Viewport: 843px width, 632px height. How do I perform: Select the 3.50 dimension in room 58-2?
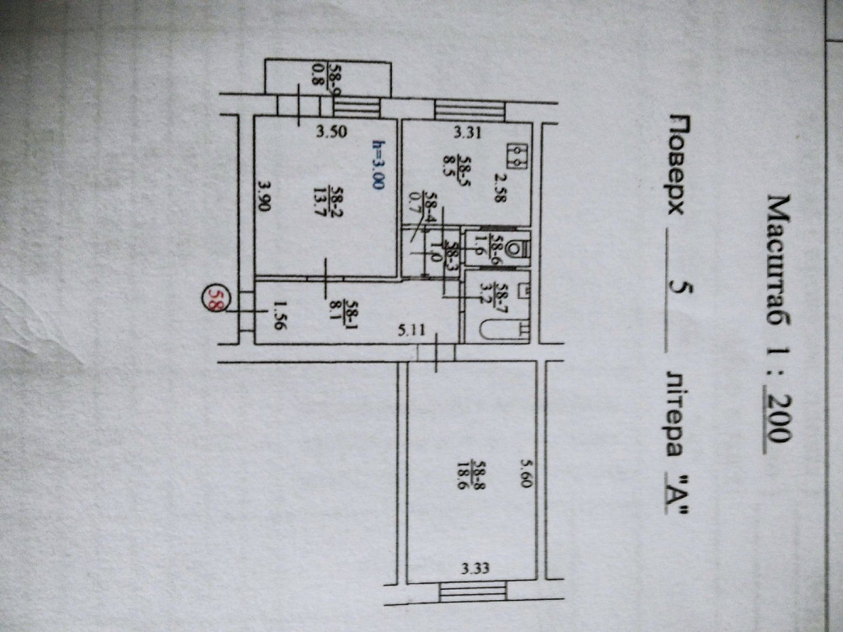331,131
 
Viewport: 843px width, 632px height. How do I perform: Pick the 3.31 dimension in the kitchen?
467,131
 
